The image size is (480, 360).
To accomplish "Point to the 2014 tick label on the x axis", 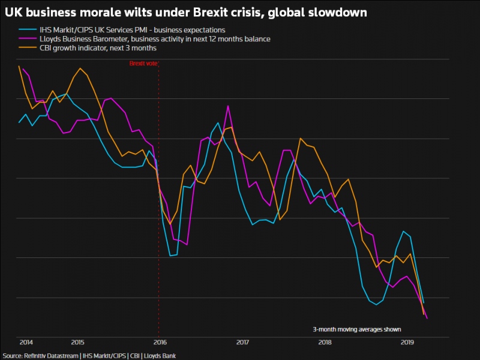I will pyautogui.click(x=26, y=342).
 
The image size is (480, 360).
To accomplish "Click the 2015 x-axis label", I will pyautogui.click(x=77, y=342).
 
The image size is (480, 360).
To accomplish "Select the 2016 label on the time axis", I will pyautogui.click(x=159, y=342).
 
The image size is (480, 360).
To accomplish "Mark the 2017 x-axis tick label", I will pyautogui.click(x=242, y=342).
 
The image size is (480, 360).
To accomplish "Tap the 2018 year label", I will pyautogui.click(x=325, y=342).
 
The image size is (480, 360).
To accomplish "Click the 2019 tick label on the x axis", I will pyautogui.click(x=407, y=342).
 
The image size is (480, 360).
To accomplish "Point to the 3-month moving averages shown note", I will pyautogui.click(x=356, y=329).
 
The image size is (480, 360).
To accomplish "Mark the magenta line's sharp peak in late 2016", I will pyautogui.click(x=228, y=106).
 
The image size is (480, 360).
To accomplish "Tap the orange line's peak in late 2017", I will pyautogui.click(x=300, y=138).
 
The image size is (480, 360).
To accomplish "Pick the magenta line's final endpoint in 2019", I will pyautogui.click(x=427, y=318).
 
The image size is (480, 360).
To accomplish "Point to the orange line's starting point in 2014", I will pyautogui.click(x=19, y=66).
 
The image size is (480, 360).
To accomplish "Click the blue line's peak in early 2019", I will pyautogui.click(x=403, y=232).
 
